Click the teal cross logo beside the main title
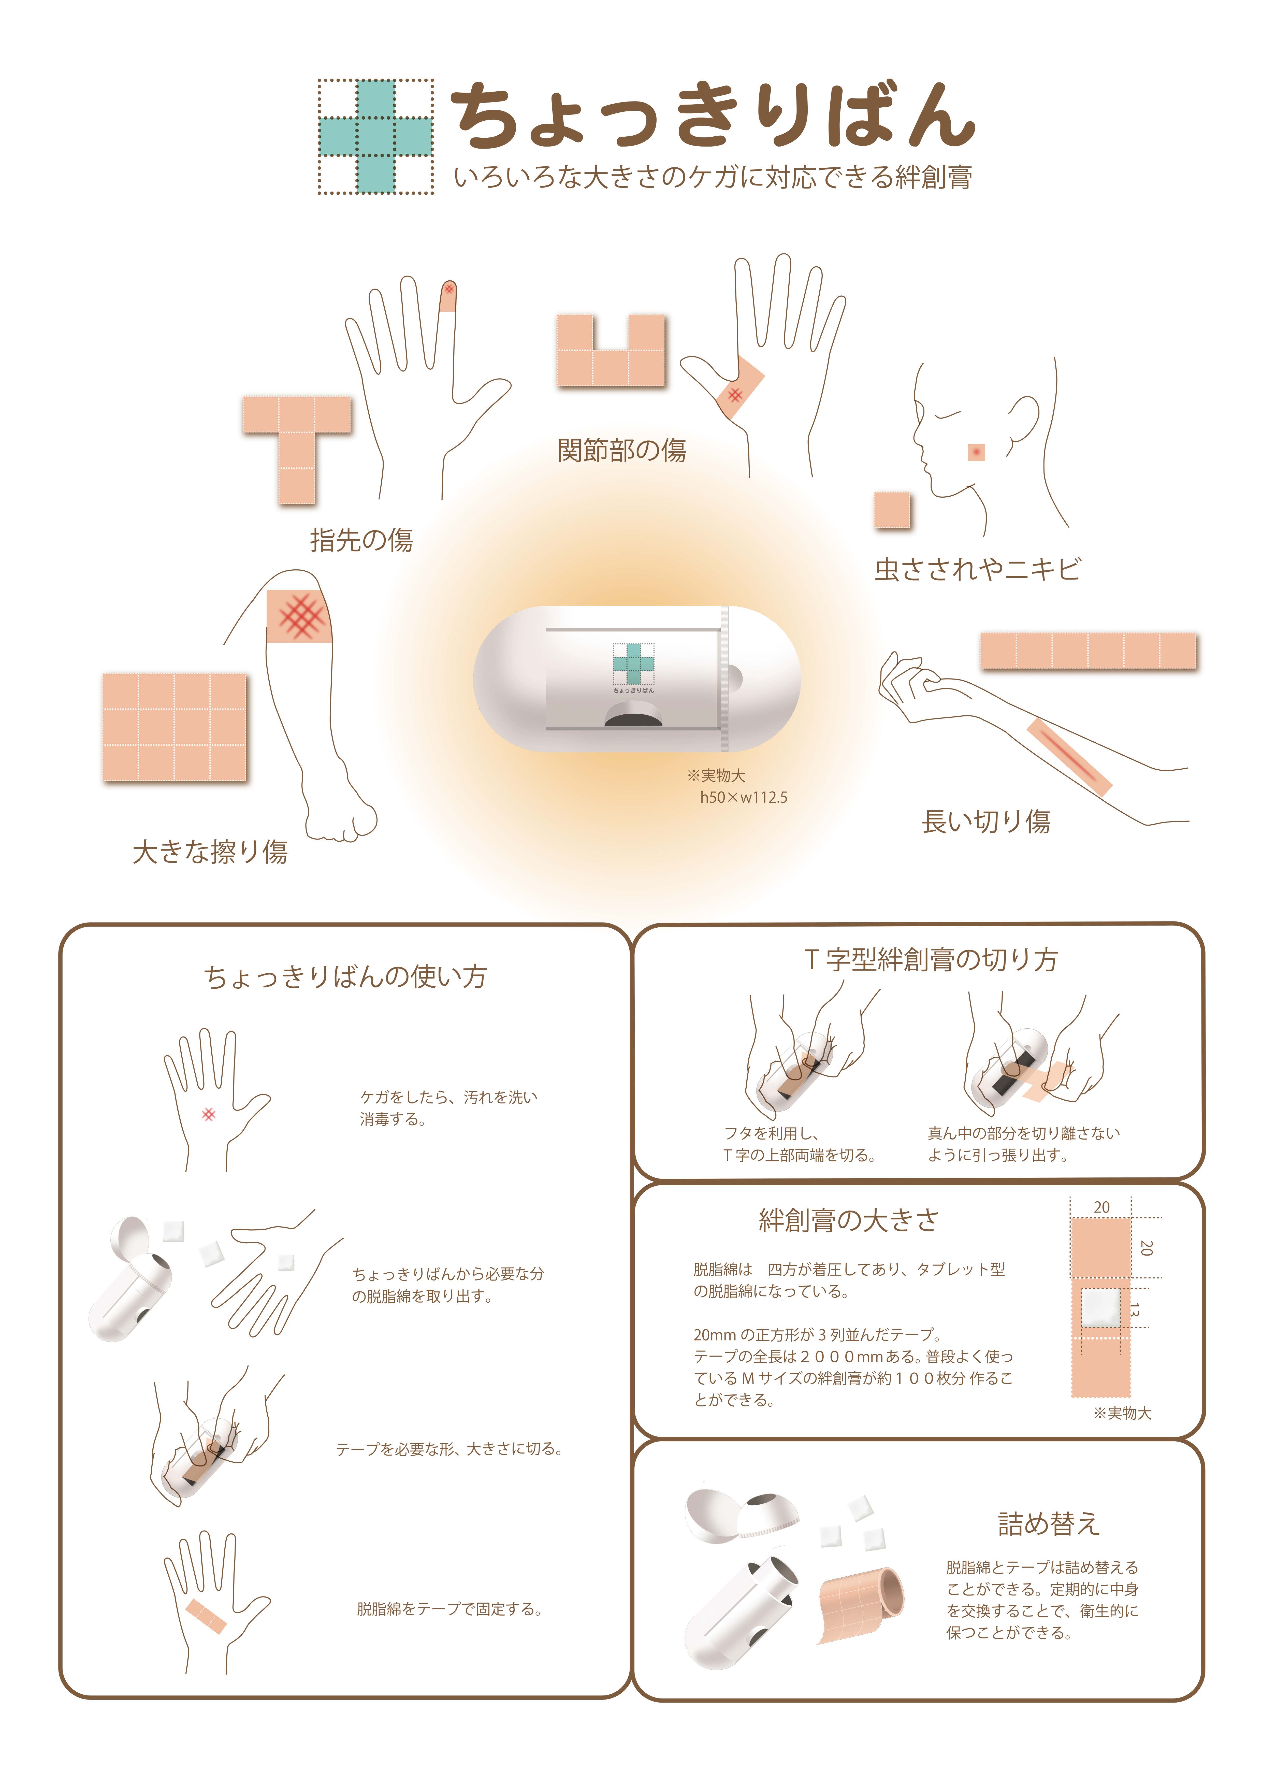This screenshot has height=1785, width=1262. tap(375, 136)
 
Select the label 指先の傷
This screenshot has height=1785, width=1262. tap(361, 540)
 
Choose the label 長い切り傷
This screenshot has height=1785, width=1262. tap(986, 821)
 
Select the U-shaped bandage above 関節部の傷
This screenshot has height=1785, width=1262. tap(611, 351)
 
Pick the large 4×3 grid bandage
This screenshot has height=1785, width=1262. tap(175, 727)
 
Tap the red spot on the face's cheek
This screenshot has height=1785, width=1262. tap(976, 452)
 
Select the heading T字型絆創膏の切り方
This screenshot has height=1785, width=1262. tap(931, 959)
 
